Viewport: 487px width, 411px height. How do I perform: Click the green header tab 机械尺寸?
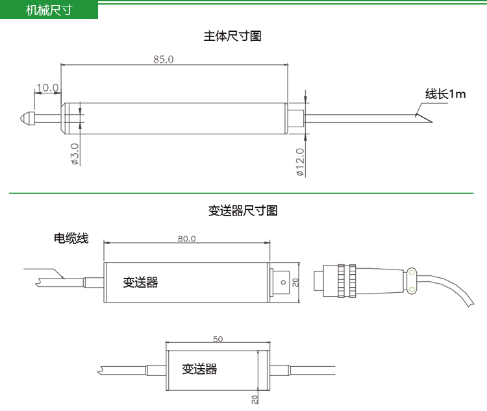click(x=49, y=10)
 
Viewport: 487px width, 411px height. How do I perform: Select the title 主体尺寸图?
click(x=232, y=36)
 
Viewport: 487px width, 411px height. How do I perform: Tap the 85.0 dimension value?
click(x=164, y=59)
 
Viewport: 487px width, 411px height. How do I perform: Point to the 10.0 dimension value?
click(x=47, y=88)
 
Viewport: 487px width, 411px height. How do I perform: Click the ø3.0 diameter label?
click(x=75, y=154)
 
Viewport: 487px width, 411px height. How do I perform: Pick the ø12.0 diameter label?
click(x=300, y=162)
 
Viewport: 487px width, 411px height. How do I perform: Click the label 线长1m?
click(x=445, y=94)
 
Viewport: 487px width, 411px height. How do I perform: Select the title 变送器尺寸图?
click(x=243, y=210)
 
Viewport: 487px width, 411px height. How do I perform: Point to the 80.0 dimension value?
click(x=186, y=238)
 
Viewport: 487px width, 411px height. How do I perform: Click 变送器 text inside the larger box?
click(x=141, y=282)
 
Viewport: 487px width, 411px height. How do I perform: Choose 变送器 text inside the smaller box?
click(x=199, y=369)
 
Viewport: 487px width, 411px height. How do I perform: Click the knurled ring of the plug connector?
click(x=349, y=281)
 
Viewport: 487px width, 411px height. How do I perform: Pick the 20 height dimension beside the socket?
click(x=295, y=282)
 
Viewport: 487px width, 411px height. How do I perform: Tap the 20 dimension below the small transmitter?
click(x=255, y=399)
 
